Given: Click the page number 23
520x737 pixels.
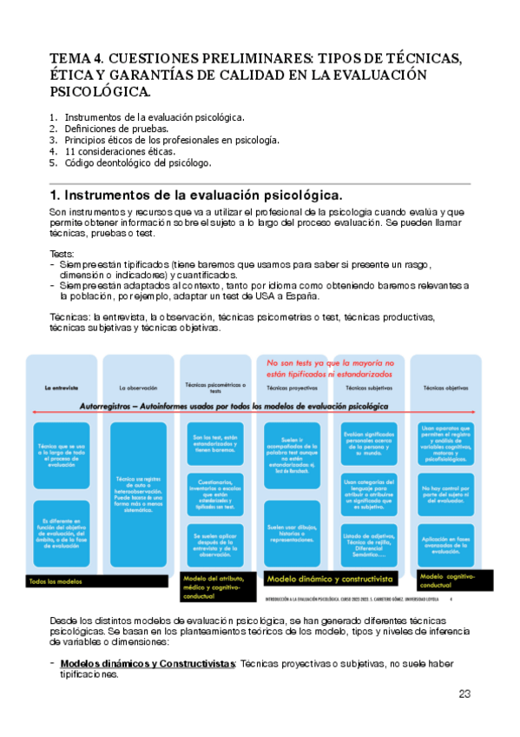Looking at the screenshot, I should [x=464, y=694].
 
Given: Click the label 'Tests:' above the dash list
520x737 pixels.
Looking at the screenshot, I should [x=63, y=253].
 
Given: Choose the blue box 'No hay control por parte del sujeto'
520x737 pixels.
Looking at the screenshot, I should [x=446, y=494].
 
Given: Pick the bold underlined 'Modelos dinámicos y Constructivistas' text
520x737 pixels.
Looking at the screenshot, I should [x=148, y=663].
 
